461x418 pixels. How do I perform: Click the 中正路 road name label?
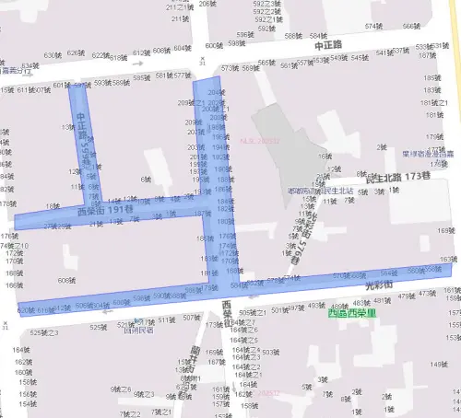tap(326, 44)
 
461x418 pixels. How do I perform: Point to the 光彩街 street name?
tap(380, 286)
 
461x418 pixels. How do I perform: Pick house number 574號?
tap(373, 26)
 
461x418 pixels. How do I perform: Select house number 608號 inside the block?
tap(65, 280)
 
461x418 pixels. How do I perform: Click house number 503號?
tap(270, 352)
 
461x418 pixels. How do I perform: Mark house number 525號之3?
tap(43, 331)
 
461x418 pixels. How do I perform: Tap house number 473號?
tap(427, 294)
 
